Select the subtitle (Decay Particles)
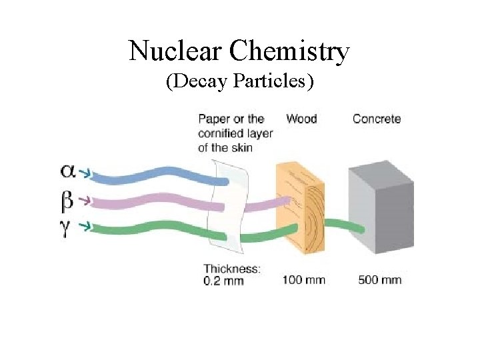[x=240, y=82]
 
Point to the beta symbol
[x=67, y=199]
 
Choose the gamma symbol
[x=67, y=227]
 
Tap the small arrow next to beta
[x=85, y=199]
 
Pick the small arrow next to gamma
[x=85, y=227]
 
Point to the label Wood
[x=301, y=119]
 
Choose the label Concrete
[x=377, y=119]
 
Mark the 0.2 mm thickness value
[x=223, y=281]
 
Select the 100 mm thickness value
[x=303, y=279]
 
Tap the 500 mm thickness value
[x=380, y=279]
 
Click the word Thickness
[x=231, y=269]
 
